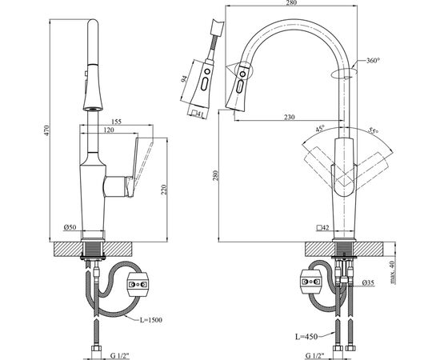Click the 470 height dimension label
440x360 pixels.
47,130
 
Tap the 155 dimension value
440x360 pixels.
117,122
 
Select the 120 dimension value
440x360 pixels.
109,130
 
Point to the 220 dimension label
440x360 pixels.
164,190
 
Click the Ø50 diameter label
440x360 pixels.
70,227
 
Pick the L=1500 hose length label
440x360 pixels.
151,320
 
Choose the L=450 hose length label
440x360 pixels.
306,337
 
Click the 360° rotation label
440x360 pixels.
374,60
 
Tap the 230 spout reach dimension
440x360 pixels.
290,117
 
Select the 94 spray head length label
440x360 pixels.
184,79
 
